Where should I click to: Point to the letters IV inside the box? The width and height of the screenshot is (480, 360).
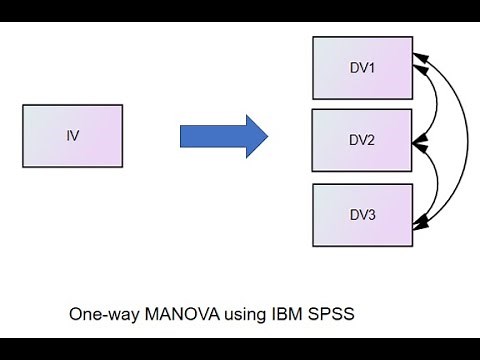pyautogui.click(x=72, y=135)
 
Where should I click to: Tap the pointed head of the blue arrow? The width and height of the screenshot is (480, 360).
pyautogui.click(x=257, y=136)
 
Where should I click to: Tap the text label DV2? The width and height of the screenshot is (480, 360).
pyautogui.click(x=362, y=140)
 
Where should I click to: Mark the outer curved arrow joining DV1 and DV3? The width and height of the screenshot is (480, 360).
pyautogui.click(x=466, y=140)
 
